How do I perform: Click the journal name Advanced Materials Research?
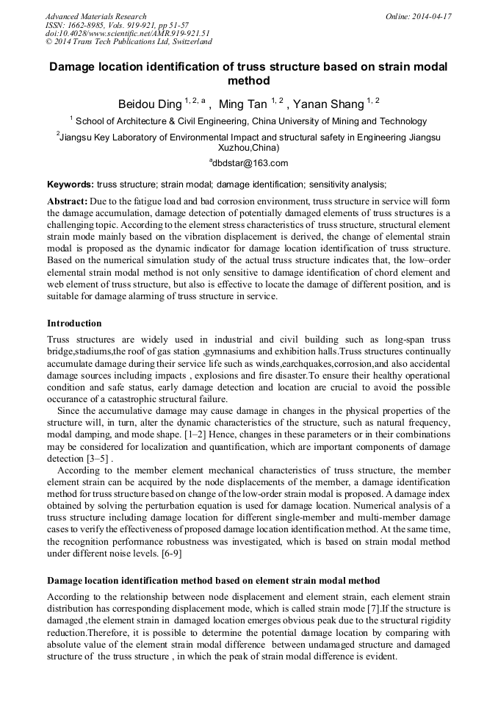point(95,16)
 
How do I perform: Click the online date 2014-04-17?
point(431,16)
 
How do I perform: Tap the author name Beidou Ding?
point(150,104)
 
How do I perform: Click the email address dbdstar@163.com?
point(250,163)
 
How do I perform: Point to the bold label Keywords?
point(71,185)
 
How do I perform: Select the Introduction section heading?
point(74,323)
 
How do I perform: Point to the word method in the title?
point(249,81)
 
